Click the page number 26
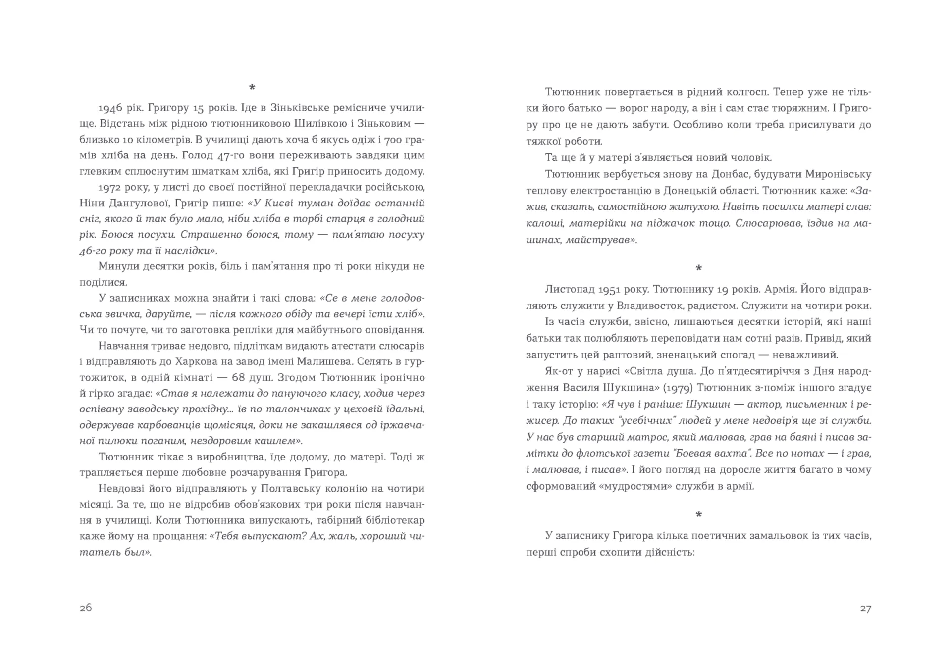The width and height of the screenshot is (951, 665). [86, 608]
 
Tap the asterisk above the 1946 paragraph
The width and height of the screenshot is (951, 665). [252, 88]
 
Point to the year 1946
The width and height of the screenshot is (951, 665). [110, 108]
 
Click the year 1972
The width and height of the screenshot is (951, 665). [110, 188]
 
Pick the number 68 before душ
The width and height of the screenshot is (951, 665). [239, 378]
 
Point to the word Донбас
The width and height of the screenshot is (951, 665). [731, 174]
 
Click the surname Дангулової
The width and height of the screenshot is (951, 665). [138, 204]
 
